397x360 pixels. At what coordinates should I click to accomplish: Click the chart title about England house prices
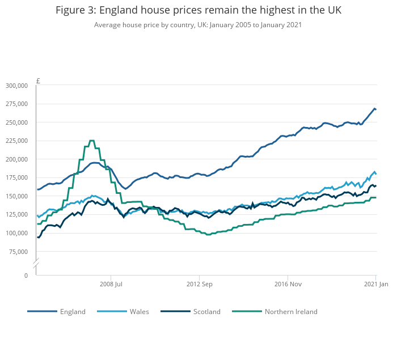click(x=198, y=11)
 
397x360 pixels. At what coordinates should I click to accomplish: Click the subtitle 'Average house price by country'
click(x=198, y=25)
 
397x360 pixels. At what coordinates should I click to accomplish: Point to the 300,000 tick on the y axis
click(x=16, y=86)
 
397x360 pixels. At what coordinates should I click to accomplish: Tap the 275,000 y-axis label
click(x=16, y=104)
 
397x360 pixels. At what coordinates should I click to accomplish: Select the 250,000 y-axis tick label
click(x=16, y=122)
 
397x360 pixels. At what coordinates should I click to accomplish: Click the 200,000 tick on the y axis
click(x=16, y=159)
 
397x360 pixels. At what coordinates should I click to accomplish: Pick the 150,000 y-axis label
click(x=16, y=196)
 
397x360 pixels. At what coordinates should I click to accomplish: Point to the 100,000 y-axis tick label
click(x=16, y=233)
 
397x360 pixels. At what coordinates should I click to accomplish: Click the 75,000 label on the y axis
click(x=18, y=252)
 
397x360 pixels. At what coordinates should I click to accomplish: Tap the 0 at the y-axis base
click(x=26, y=276)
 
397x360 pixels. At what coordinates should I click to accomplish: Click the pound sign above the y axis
click(x=38, y=81)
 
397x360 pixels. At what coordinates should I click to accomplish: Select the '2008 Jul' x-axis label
click(x=111, y=284)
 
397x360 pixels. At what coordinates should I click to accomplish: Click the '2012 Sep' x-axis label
click(x=199, y=284)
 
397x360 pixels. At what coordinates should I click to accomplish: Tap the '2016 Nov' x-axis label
click(x=288, y=284)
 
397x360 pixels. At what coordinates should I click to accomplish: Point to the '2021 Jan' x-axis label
click(x=375, y=284)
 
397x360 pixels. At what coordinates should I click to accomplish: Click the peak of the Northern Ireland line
click(x=92, y=141)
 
